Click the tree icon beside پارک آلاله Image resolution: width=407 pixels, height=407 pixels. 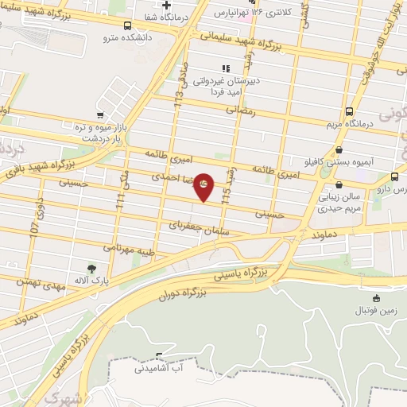pos(92,269)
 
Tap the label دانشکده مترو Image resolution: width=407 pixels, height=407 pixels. pos(99,37)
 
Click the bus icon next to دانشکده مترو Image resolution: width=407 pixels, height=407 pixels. pos(127,25)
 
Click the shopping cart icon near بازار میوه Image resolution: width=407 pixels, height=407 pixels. pos(99,116)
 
